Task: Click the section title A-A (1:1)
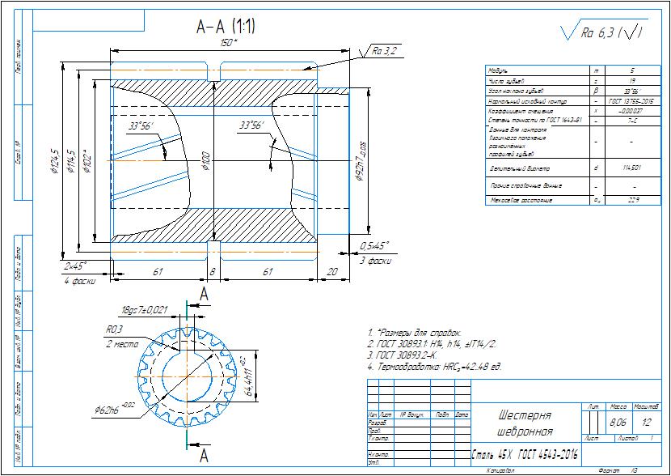coord(226,27)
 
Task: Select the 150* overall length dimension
coord(230,42)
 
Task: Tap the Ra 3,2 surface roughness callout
coord(384,51)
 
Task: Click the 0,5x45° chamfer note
coord(374,245)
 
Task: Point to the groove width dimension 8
coord(213,272)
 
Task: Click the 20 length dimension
coord(331,272)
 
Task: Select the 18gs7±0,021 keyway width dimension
coord(143,310)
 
